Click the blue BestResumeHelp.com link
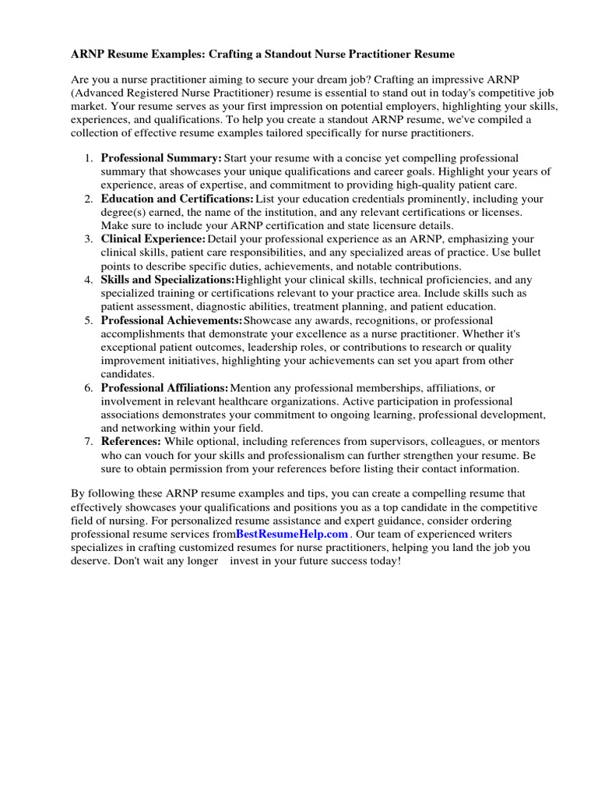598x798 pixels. pyautogui.click(x=292, y=535)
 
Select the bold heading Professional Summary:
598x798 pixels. pyautogui.click(x=161, y=158)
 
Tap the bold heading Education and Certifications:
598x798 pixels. pyautogui.click(x=178, y=199)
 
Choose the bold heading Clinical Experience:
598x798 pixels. pyautogui.click(x=153, y=239)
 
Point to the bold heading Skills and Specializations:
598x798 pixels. pyautogui.click(x=167, y=280)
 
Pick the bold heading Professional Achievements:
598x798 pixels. pyautogui.click(x=171, y=320)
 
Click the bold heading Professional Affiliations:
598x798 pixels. pyautogui.click(x=165, y=387)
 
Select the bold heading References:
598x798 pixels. pyautogui.click(x=131, y=442)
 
